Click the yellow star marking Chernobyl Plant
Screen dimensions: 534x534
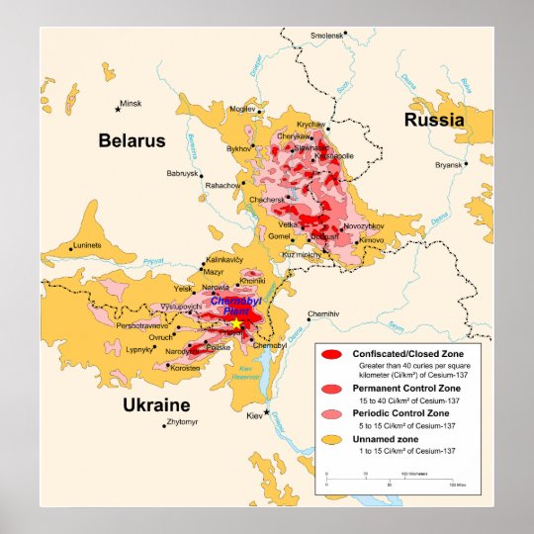click(x=237, y=323)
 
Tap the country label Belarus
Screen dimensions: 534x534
click(x=132, y=140)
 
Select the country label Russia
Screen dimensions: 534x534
click(x=433, y=120)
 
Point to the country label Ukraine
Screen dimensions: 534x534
click(x=155, y=405)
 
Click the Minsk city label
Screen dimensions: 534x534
click(x=131, y=103)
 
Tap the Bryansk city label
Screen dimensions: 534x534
click(x=448, y=165)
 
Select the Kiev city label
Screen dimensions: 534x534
click(x=255, y=413)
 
